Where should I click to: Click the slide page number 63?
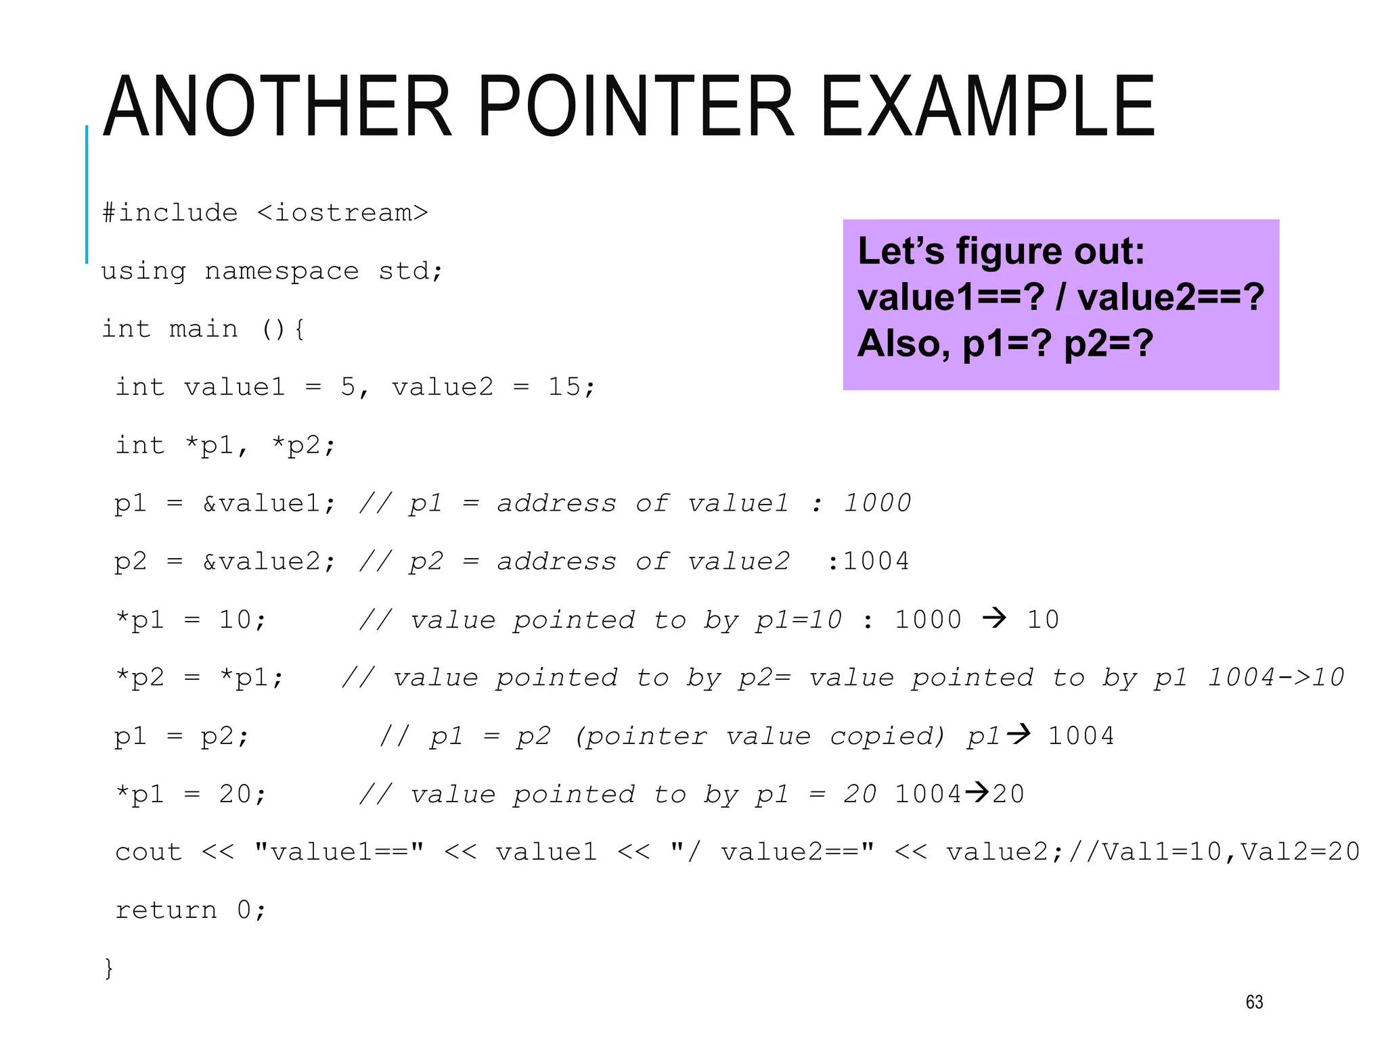point(1254,1002)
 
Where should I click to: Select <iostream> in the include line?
point(342,213)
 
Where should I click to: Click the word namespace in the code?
point(282,271)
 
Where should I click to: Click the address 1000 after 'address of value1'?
point(877,503)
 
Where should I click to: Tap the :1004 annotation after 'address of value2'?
point(868,561)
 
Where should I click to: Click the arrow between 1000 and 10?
point(994,618)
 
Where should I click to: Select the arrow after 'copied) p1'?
point(1019,734)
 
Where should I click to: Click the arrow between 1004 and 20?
point(977,792)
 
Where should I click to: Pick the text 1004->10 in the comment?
point(1276,678)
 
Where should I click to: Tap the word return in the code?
point(166,910)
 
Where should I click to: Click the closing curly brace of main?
point(108,968)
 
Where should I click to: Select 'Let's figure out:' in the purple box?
point(1001,252)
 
